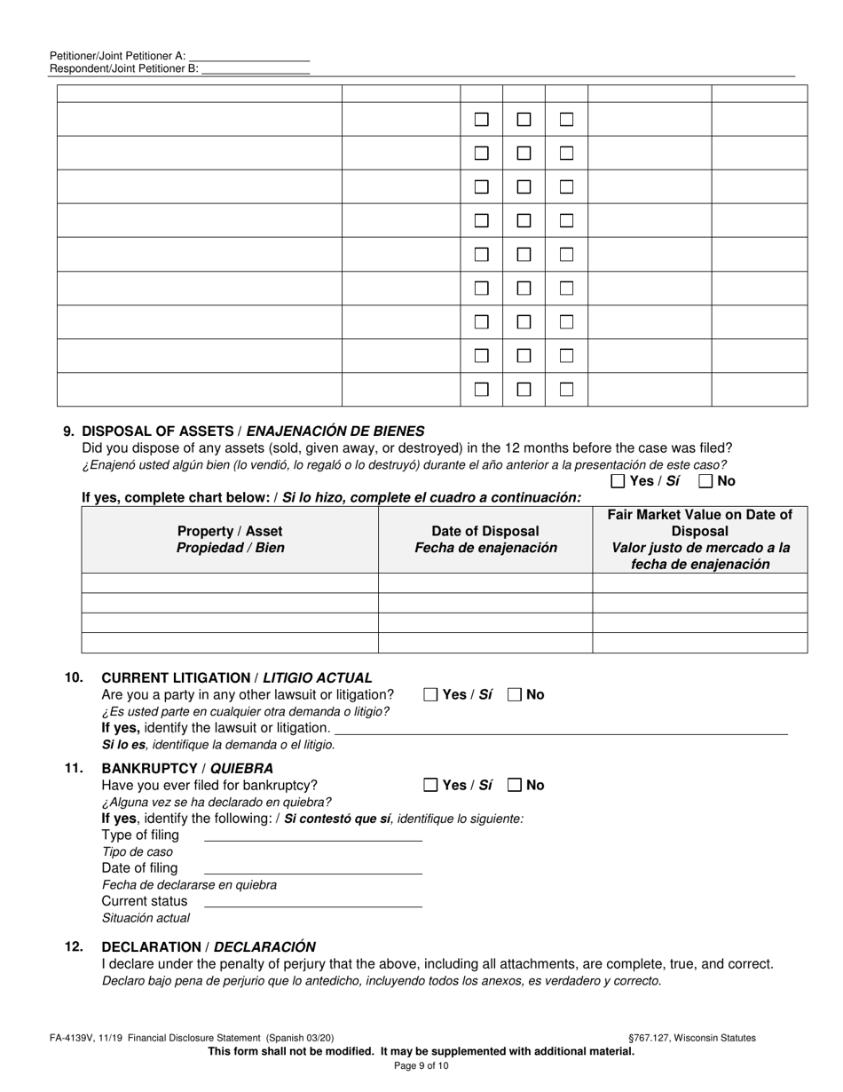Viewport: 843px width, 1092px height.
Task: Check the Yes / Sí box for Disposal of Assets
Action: point(618,481)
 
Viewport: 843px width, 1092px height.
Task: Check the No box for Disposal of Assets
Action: point(706,481)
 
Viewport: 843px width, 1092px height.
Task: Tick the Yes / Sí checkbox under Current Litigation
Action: point(431,695)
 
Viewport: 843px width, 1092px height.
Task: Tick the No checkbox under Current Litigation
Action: point(515,695)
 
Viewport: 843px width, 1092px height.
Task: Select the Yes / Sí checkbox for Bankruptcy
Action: point(431,785)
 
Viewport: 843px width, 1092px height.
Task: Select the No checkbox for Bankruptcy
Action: point(515,785)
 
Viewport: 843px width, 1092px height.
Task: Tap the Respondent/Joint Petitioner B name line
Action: point(256,68)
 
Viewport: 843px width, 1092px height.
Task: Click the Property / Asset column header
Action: point(230,539)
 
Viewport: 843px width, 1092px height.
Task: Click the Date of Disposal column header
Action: point(485,539)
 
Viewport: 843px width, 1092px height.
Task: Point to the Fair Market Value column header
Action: point(699,539)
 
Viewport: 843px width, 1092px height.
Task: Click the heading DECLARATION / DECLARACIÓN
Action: point(209,946)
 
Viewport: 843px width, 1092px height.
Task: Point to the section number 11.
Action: point(74,768)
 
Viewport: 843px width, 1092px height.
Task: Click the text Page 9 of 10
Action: point(421,1065)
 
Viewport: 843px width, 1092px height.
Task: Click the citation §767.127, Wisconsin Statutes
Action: point(691,1037)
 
